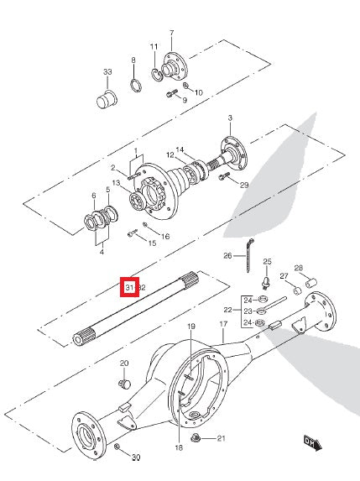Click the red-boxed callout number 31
point(130,288)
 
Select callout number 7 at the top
point(171,34)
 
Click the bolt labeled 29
point(224,177)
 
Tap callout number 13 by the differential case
point(116,183)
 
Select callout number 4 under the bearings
point(101,251)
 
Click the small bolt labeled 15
point(133,233)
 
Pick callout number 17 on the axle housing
point(224,323)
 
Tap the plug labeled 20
point(123,384)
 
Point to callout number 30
point(136,458)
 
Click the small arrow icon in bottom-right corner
point(313,439)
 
